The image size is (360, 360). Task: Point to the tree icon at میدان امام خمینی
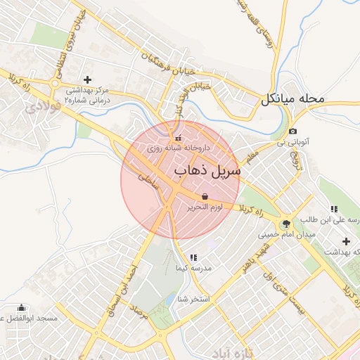tap(285, 224)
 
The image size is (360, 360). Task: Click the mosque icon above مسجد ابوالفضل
tap(21, 308)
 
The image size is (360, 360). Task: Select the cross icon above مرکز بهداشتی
tap(86, 79)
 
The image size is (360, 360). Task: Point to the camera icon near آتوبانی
tap(293, 131)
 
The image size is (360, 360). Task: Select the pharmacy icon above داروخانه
tap(178, 137)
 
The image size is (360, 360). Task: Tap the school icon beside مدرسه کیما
tap(193, 258)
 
